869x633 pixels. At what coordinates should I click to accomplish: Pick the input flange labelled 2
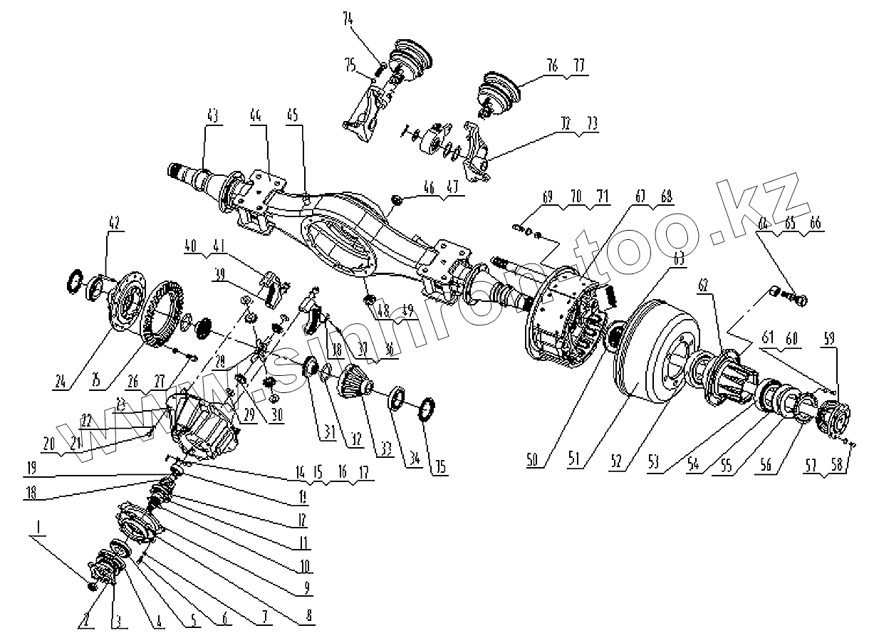[102, 570]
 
